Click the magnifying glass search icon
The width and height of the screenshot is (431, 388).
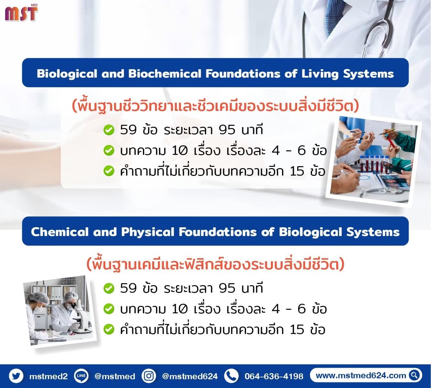click(x=414, y=375)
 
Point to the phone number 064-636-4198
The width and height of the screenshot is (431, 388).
click(x=274, y=376)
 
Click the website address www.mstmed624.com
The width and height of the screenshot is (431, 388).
click(x=361, y=375)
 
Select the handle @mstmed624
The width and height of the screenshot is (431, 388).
click(x=190, y=376)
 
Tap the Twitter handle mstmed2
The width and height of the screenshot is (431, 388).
click(x=48, y=376)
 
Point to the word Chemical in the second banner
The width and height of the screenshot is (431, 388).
click(x=60, y=232)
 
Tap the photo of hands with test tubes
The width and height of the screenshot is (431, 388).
click(x=373, y=162)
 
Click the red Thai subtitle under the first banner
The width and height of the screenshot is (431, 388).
click(x=215, y=106)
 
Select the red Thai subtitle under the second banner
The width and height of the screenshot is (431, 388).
click(x=215, y=264)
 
